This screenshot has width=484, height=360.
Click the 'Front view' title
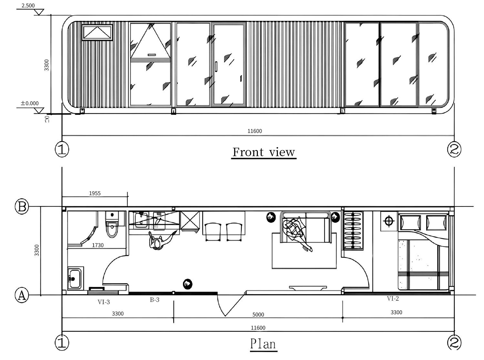(264, 152)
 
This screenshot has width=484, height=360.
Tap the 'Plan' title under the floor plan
(263, 344)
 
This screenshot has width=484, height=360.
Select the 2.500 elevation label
(28, 5)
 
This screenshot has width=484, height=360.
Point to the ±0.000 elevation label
(30, 103)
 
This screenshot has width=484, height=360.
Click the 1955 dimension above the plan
(95, 193)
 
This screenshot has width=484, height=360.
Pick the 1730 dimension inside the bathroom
(98, 245)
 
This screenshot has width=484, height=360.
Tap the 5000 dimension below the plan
(258, 315)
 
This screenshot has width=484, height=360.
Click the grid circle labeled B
(22, 206)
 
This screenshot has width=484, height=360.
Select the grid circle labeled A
(22, 295)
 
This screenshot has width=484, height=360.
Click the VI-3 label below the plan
(104, 302)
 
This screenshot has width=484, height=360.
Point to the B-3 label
(155, 300)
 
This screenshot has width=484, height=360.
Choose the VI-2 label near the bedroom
(393, 298)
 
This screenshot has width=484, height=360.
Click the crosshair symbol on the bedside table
(389, 221)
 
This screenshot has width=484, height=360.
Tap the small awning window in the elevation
(97, 33)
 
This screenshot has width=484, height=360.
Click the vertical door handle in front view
(216, 67)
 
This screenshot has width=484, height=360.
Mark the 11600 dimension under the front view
(255, 131)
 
